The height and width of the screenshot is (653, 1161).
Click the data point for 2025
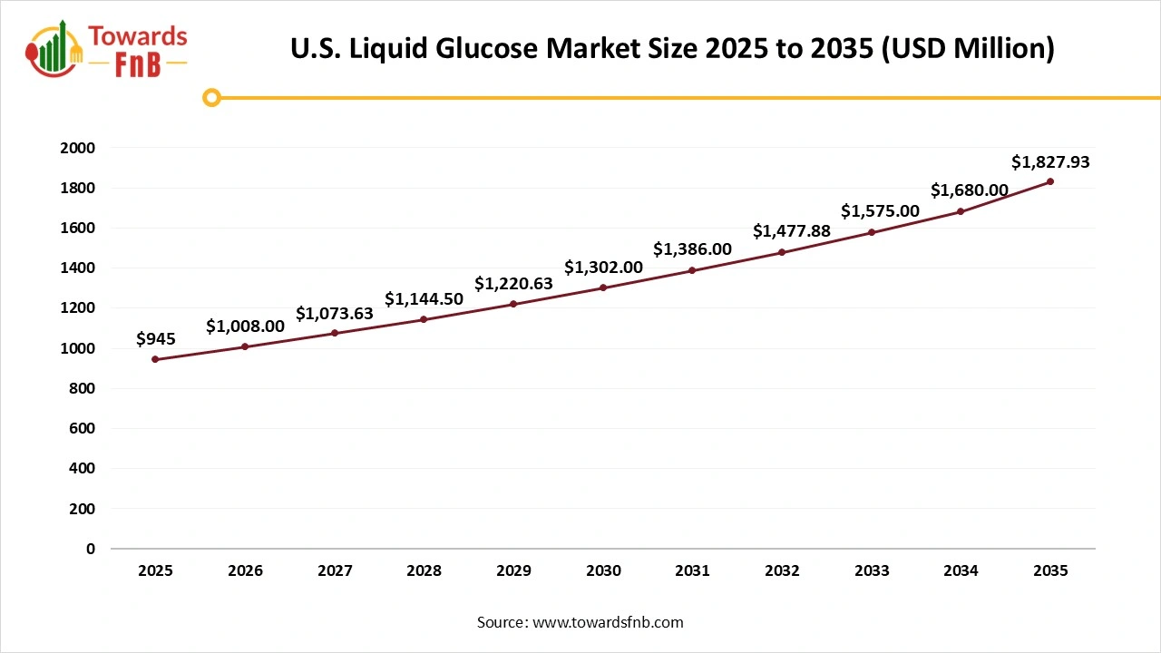coord(155,359)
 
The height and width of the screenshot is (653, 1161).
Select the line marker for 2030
coord(603,288)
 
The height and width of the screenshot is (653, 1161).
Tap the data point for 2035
coord(1050,181)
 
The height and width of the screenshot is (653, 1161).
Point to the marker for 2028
coord(424,319)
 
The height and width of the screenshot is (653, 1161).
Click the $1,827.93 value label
coord(1050,163)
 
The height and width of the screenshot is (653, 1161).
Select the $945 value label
coord(155,339)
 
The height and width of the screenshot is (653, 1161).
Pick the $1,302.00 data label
coord(603,268)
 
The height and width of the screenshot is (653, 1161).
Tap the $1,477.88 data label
coord(792,231)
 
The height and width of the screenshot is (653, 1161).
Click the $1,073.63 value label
coord(335,314)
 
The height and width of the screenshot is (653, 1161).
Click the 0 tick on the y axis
coord(91,549)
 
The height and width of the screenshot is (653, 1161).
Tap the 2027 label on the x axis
coord(335,571)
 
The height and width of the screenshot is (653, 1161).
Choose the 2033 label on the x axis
coord(872,571)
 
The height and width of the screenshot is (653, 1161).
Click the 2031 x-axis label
coord(693,571)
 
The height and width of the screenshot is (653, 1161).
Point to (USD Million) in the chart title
coord(969,49)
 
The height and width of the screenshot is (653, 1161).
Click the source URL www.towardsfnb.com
coord(607,622)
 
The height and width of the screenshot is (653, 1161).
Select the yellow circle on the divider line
coord(211,97)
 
